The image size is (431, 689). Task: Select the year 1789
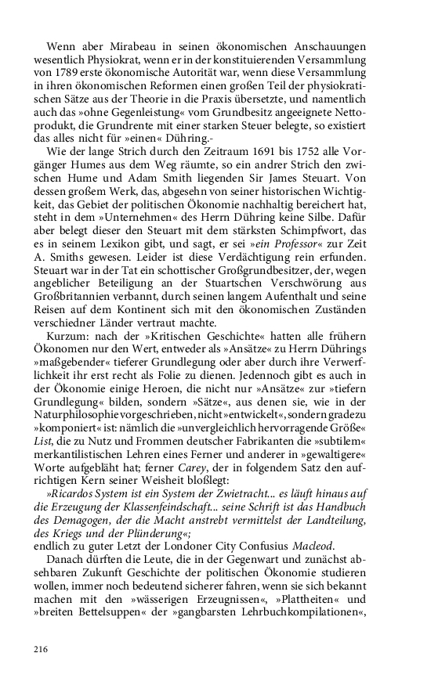pos(64,73)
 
